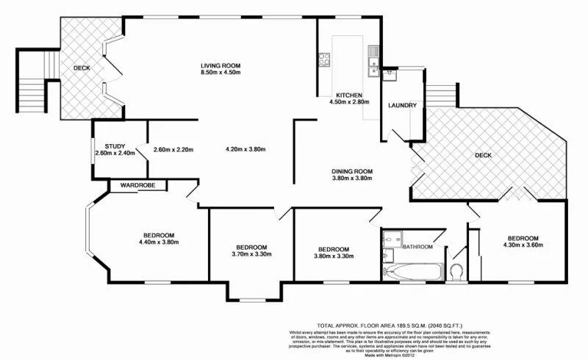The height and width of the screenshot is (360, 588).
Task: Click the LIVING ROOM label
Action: click(x=220, y=65)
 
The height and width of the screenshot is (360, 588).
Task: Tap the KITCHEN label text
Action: click(x=348, y=96)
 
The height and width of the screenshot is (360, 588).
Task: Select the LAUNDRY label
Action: click(x=403, y=106)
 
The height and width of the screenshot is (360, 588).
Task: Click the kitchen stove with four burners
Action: click(x=323, y=58)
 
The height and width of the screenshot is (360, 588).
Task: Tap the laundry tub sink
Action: click(x=374, y=71)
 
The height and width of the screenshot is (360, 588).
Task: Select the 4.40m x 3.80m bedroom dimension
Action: click(x=158, y=242)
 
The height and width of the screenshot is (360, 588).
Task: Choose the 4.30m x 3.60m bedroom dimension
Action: click(x=523, y=245)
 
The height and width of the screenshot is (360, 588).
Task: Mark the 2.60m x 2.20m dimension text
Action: click(x=173, y=150)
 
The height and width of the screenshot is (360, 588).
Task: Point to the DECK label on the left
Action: click(x=82, y=68)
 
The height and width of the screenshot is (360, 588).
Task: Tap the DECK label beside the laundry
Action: click(x=483, y=155)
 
